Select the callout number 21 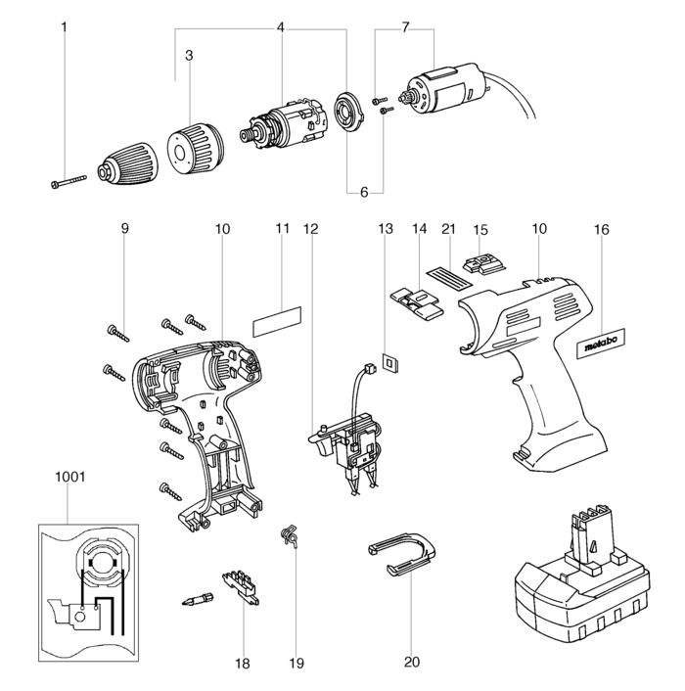tap(448, 228)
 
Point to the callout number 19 tap(297, 662)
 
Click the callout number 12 tap(311, 228)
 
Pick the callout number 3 tap(189, 56)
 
